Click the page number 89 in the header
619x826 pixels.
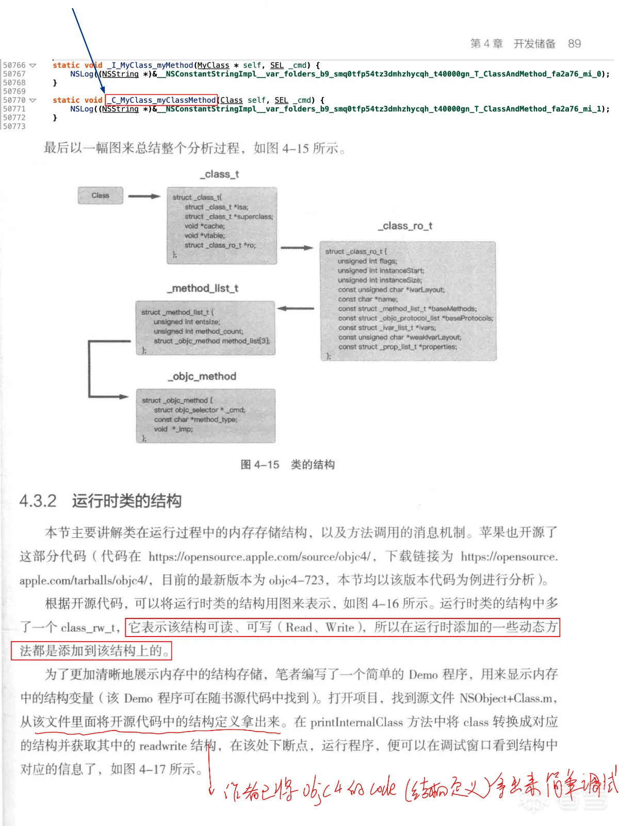pos(574,44)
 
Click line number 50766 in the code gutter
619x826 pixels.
pos(14,65)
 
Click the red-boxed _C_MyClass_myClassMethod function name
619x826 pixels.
pos(161,100)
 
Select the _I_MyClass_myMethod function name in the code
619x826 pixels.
pos(150,65)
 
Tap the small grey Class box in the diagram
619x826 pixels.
pos(101,196)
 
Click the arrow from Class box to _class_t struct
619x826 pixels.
pos(144,196)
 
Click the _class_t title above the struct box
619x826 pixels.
pos(220,174)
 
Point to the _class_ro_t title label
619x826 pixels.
pos(405,226)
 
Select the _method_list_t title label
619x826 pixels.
pos(203,288)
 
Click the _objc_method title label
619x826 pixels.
pos(202,376)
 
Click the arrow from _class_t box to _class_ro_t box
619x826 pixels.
pos(297,248)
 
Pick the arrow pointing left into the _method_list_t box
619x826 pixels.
pos(296,309)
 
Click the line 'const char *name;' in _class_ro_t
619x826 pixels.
pos(367,299)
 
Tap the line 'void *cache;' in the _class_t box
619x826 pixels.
pos(204,226)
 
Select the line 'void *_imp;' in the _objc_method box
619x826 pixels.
pos(173,429)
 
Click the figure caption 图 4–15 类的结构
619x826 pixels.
pos(287,465)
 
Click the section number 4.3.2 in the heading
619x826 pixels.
pos(38,501)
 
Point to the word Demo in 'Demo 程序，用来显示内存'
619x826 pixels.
pos(423,675)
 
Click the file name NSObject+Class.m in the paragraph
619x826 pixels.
pos(507,698)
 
